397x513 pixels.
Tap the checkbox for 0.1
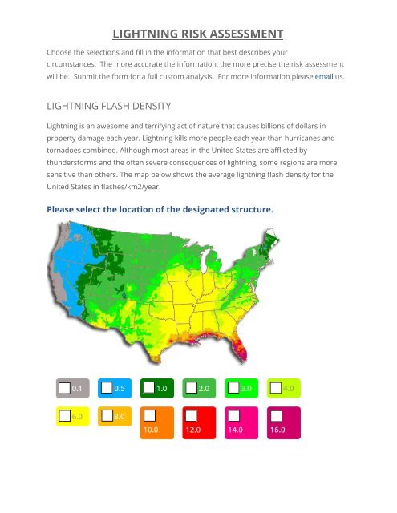coord(65,388)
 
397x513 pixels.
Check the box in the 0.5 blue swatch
coord(107,388)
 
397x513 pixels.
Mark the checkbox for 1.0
coord(148,388)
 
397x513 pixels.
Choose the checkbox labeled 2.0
coord(191,388)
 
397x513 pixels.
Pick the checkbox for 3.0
coord(233,388)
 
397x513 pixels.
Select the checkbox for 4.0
coord(276,388)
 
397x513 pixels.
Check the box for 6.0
coord(65,417)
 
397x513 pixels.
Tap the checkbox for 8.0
coord(107,417)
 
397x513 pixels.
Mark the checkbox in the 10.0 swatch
coord(148,415)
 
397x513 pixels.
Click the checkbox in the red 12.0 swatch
coord(191,415)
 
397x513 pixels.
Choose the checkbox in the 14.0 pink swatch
coord(233,415)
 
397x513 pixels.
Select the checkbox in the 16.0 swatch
coord(276,415)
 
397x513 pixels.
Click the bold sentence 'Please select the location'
coord(160,210)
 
